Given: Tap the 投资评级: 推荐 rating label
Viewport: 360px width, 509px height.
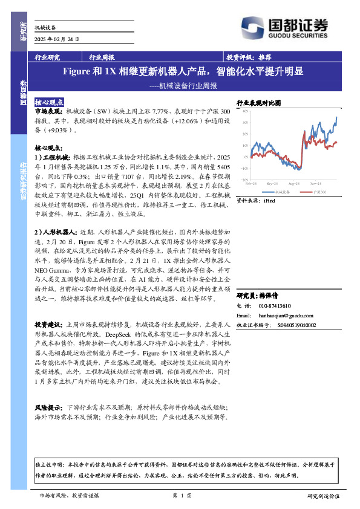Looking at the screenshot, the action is [248, 57].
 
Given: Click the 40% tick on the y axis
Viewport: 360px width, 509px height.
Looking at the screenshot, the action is [245, 111].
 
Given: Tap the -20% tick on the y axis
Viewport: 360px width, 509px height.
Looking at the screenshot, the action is [244, 180].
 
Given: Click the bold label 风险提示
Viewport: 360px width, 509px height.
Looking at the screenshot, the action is [48, 408].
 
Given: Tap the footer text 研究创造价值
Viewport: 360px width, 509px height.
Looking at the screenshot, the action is [323, 495].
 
